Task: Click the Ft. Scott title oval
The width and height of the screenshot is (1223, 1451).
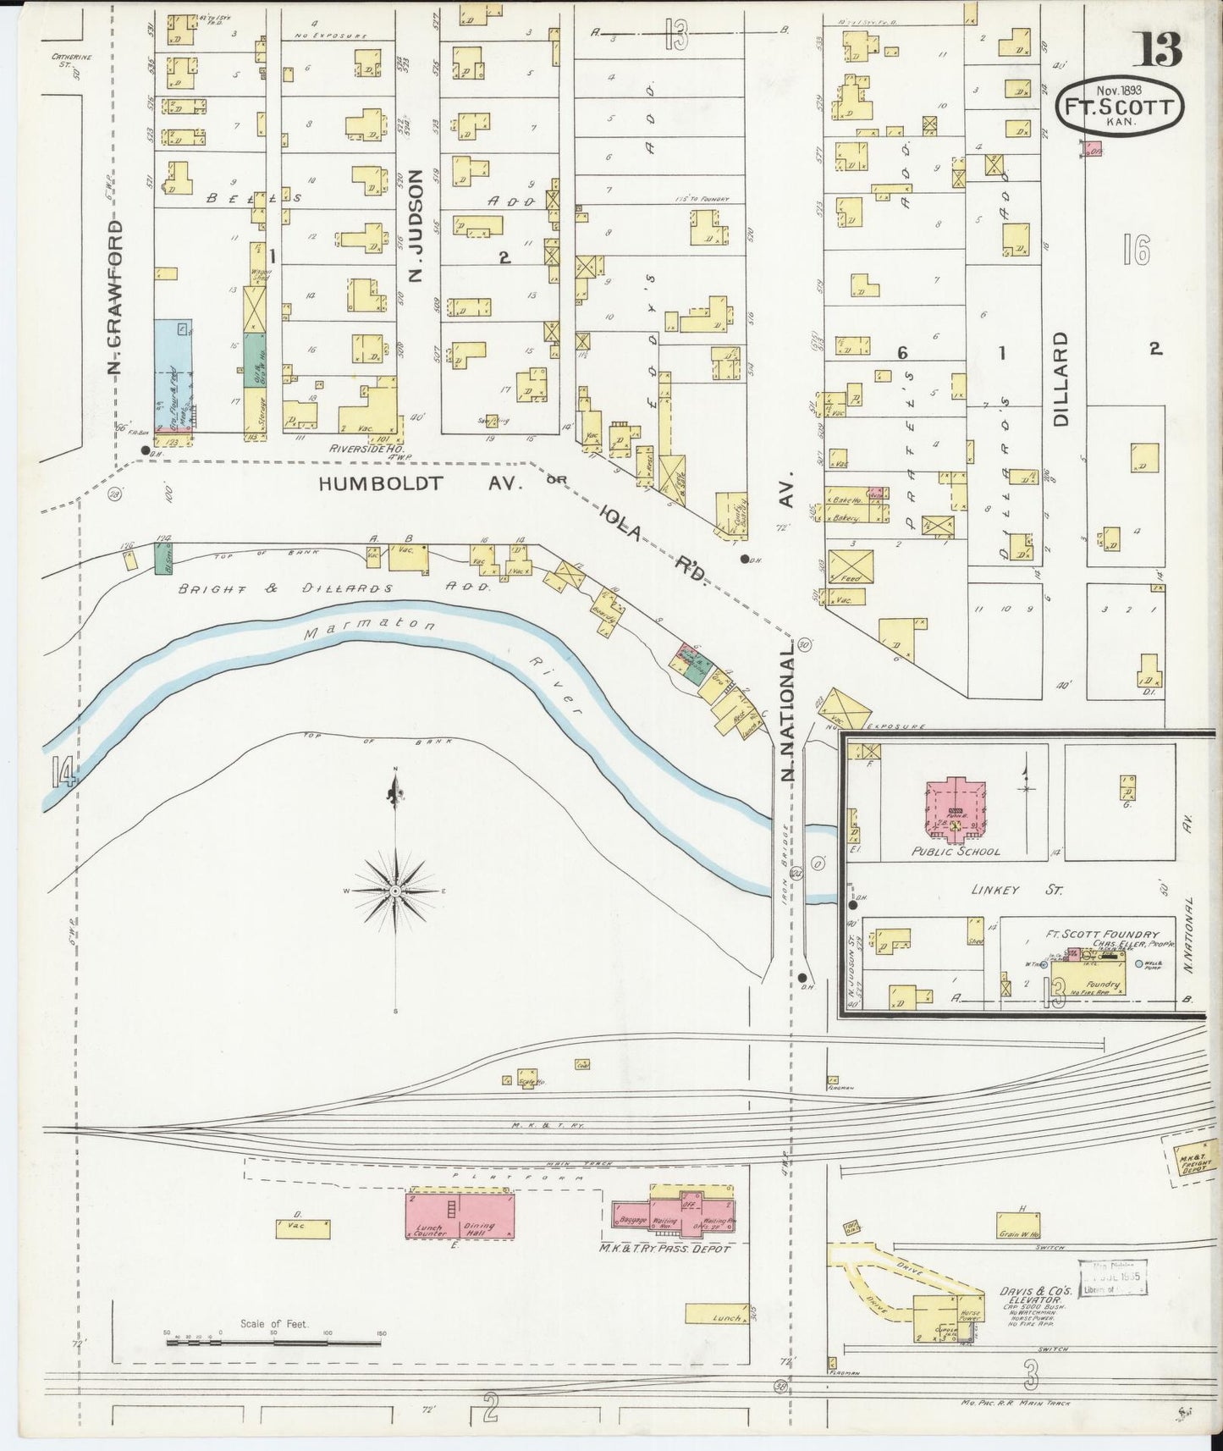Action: [1119, 108]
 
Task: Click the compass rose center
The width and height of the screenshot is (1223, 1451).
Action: [395, 891]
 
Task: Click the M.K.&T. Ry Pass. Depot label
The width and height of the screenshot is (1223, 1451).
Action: [664, 1248]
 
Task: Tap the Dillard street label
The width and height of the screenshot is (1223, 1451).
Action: [1063, 378]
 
